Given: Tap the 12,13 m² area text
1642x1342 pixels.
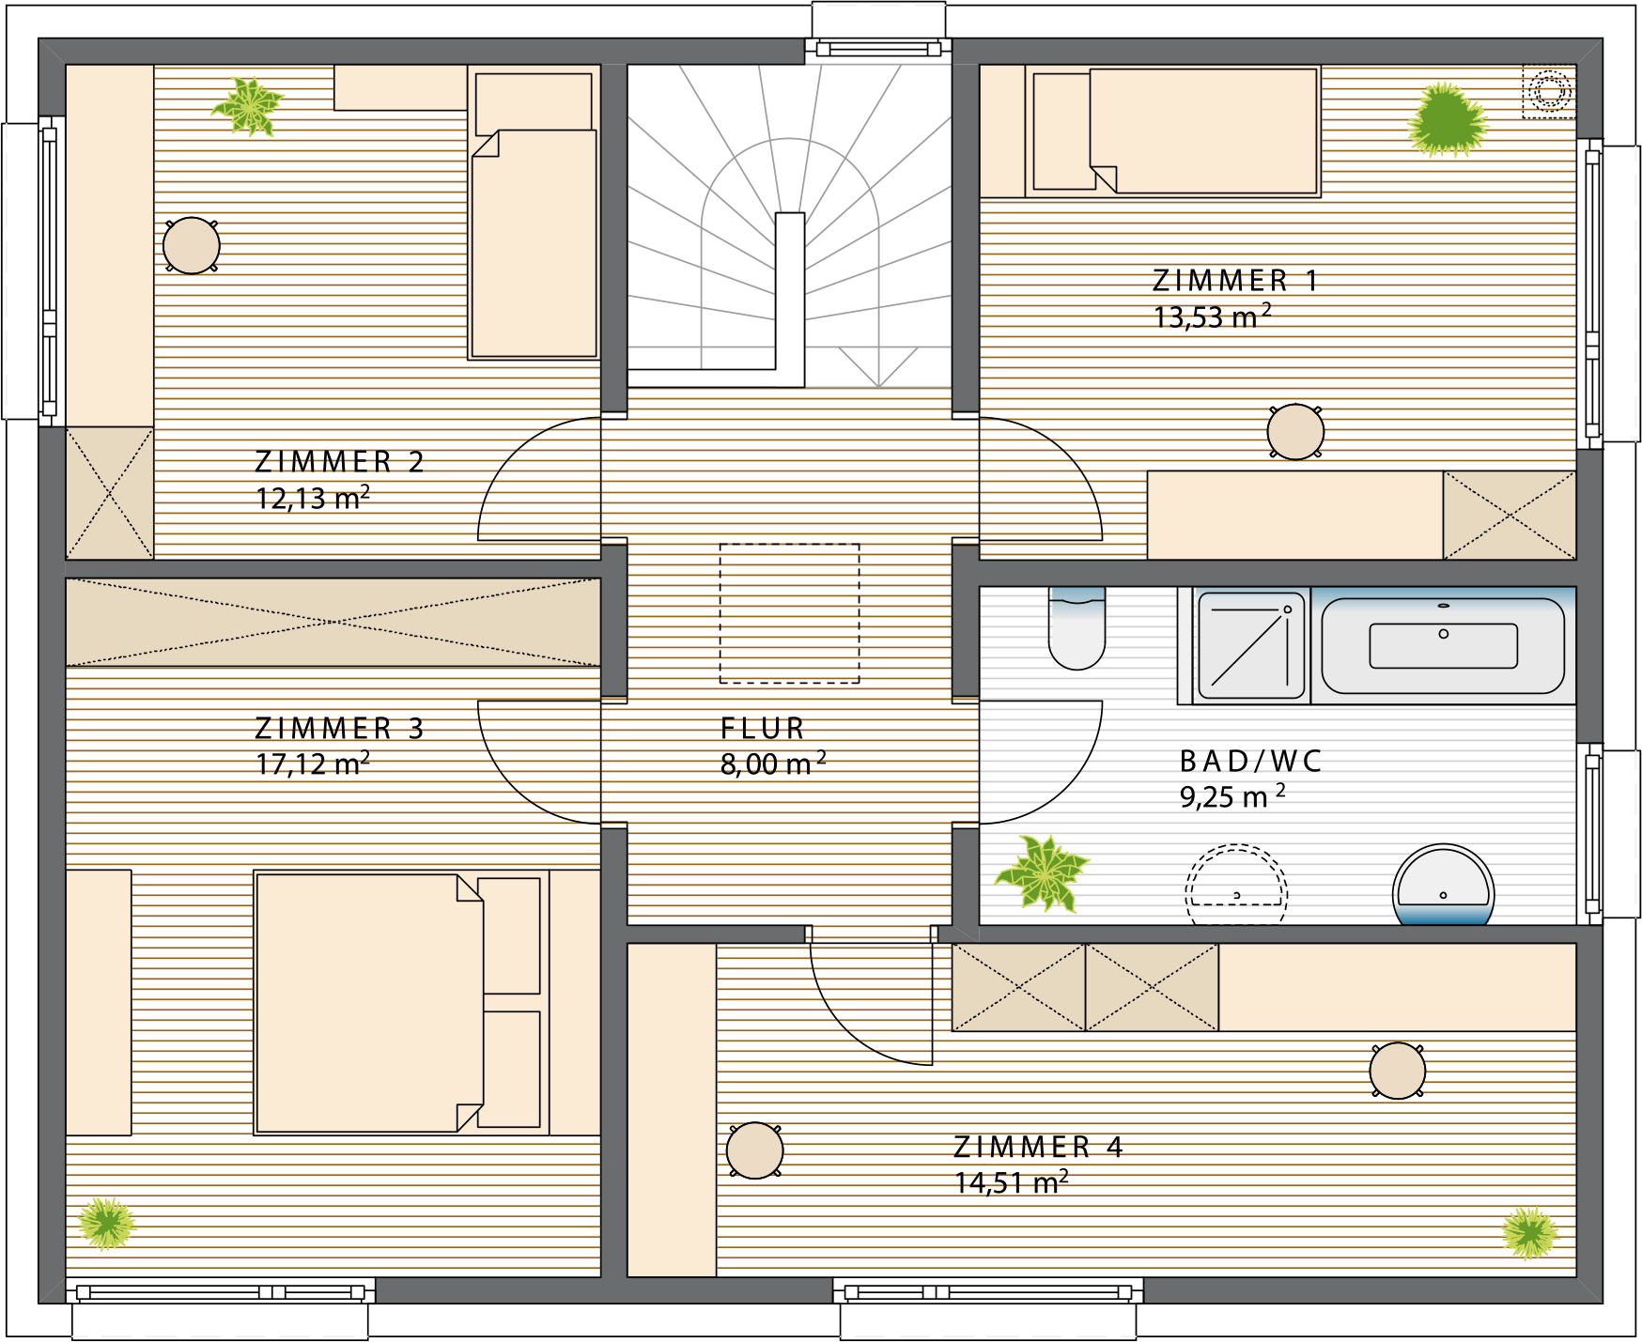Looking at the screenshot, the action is pyautogui.click(x=313, y=497).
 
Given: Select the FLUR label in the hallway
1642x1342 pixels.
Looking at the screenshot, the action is pyautogui.click(x=763, y=728).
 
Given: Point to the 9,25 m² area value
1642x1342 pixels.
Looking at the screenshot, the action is pyautogui.click(x=1232, y=795).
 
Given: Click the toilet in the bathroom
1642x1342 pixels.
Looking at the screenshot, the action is pyautogui.click(x=1077, y=628).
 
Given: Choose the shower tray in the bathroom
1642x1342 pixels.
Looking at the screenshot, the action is pyautogui.click(x=1250, y=646).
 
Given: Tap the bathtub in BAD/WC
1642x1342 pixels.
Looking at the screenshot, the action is pyautogui.click(x=1443, y=646).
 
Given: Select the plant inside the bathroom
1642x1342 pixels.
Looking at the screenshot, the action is pyautogui.click(x=1042, y=872).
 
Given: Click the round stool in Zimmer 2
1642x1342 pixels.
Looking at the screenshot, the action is pyautogui.click(x=192, y=246).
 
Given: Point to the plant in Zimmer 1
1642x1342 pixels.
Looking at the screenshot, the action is pyautogui.click(x=1448, y=120).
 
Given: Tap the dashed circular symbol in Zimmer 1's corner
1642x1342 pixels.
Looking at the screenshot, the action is pyautogui.click(x=1549, y=92).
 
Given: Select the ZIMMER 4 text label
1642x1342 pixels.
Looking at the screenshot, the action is pyautogui.click(x=1038, y=1147).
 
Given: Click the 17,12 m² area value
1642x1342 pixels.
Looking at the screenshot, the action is pyautogui.click(x=313, y=763).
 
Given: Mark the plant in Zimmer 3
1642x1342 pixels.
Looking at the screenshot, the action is pyautogui.click(x=106, y=1224).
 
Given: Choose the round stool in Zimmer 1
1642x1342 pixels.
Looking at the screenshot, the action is pyautogui.click(x=1295, y=432).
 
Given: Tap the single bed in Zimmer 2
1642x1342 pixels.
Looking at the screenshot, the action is pyautogui.click(x=534, y=212).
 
